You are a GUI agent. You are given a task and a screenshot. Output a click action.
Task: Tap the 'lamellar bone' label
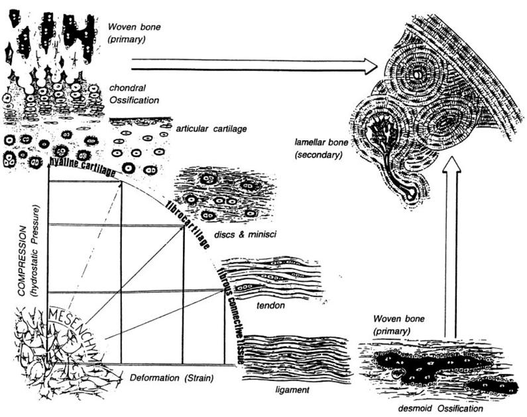pyautogui.click(x=319, y=148)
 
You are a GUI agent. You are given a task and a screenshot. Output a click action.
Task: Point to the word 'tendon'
pyautogui.click(x=269, y=305)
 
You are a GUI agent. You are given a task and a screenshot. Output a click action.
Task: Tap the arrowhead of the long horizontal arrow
pyautogui.click(x=370, y=65)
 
